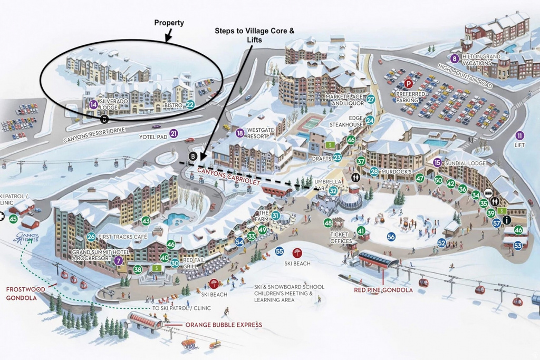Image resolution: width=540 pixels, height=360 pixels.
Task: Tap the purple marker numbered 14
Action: click(x=93, y=104)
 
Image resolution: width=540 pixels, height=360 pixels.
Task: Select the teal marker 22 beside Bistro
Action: click(x=190, y=105)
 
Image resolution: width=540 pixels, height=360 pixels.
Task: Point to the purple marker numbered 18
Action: click(x=240, y=133)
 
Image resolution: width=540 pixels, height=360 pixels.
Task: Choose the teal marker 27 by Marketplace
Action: click(x=371, y=99)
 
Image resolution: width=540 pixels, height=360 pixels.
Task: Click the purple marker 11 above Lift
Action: click(x=520, y=135)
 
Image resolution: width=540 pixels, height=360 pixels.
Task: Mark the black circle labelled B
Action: click(x=194, y=157)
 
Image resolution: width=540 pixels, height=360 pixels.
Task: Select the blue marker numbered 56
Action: click(x=391, y=237)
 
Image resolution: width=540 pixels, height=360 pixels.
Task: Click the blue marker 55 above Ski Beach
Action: click(x=279, y=251)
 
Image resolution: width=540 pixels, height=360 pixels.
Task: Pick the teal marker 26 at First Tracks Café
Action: click(x=91, y=237)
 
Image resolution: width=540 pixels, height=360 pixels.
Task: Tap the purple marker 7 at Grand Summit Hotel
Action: click(x=119, y=260)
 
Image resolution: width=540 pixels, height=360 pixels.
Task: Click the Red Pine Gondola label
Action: click(x=376, y=289)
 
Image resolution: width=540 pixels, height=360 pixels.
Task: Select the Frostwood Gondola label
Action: click(x=22, y=293)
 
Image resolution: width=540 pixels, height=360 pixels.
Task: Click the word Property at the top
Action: click(x=169, y=23)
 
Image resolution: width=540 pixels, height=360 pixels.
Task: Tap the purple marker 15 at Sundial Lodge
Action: click(x=437, y=163)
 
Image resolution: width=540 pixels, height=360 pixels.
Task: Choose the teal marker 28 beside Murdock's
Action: click(x=374, y=171)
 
